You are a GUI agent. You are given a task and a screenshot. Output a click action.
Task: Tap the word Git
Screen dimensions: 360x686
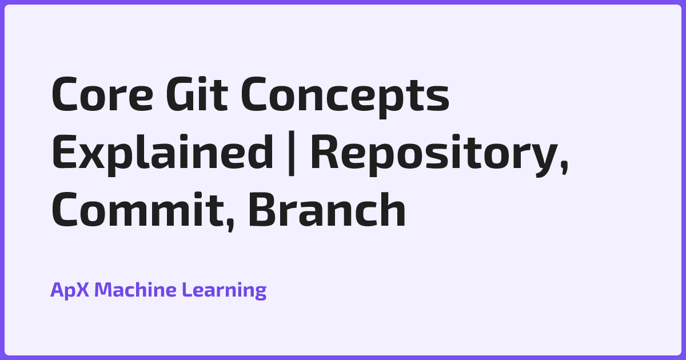point(194,96)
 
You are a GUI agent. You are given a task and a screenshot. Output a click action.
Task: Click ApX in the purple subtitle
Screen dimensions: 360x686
point(70,290)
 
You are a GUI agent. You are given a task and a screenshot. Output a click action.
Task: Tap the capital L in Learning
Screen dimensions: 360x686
point(186,290)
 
